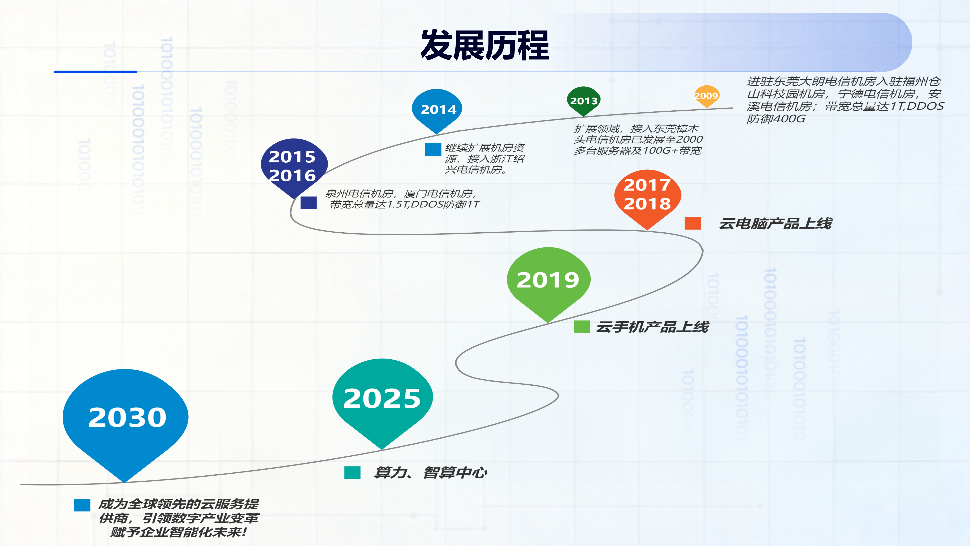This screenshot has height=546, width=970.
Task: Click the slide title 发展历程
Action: tap(485, 45)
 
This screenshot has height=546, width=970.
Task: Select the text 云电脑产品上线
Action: tap(776, 223)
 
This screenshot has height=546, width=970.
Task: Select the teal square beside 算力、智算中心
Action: tap(352, 473)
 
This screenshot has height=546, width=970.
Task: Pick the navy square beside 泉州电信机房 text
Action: tap(308, 203)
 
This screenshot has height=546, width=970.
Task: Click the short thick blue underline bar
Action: tap(96, 71)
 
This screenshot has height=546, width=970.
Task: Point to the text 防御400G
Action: tap(776, 119)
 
